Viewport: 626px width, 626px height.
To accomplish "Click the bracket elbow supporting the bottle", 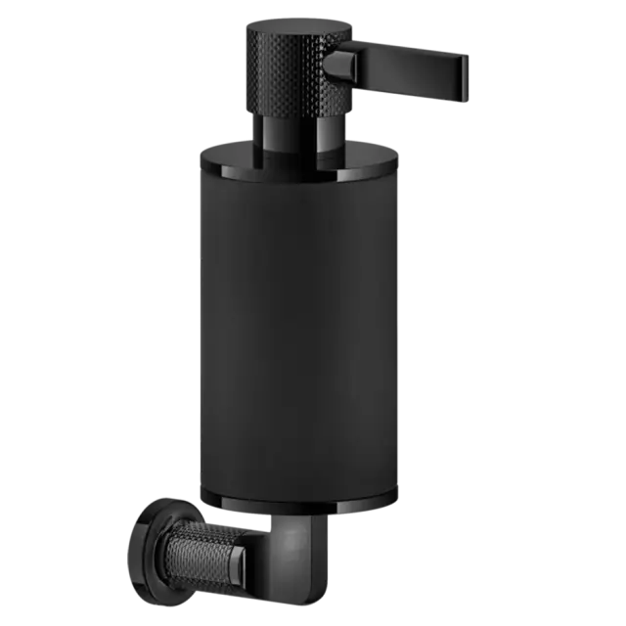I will (x=298, y=553).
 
